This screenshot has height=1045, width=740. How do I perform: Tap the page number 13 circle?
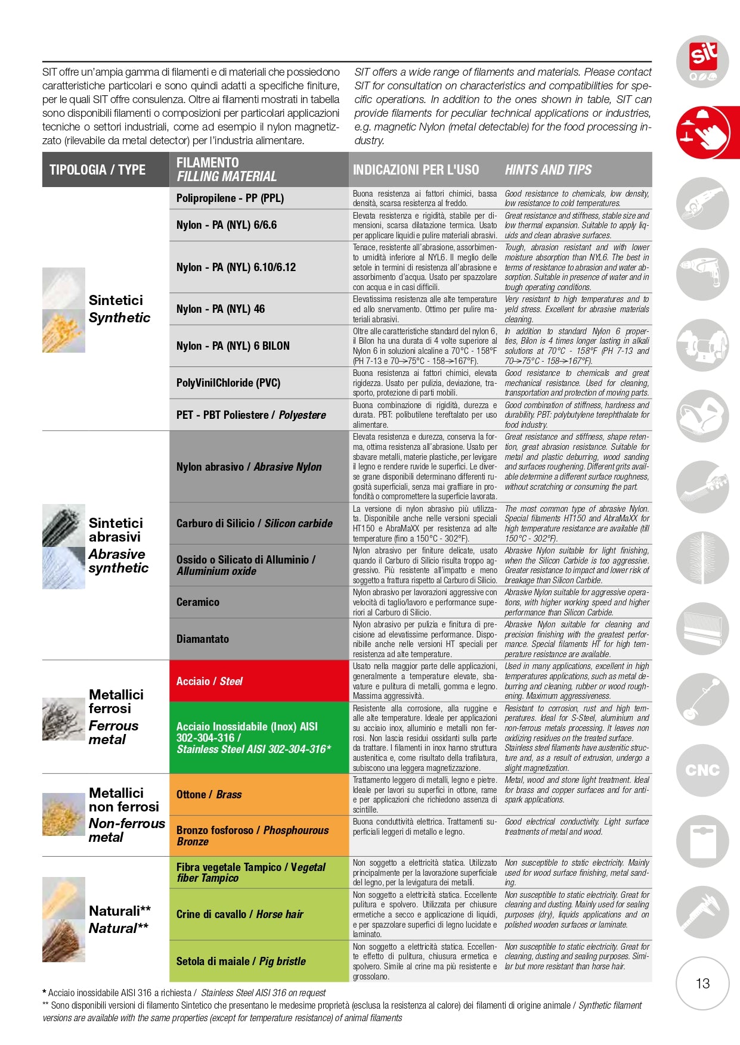point(702,983)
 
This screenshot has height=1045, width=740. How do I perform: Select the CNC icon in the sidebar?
point(702,770)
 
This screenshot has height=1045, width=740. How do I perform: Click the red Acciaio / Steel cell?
point(259,681)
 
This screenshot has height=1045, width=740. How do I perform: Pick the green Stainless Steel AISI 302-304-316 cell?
point(259,738)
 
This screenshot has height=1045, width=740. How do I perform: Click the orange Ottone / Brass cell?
point(259,794)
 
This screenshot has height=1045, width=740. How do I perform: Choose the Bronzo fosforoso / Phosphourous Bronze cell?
point(259,835)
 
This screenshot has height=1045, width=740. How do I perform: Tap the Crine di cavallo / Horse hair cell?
point(259,914)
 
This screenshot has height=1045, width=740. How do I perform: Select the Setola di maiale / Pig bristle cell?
point(259,961)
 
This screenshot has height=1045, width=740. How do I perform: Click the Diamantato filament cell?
point(259,639)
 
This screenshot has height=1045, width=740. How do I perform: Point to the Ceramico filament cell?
point(259,602)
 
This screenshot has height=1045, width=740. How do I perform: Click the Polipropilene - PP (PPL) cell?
point(259,198)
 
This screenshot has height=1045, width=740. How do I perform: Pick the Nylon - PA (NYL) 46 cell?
point(259,309)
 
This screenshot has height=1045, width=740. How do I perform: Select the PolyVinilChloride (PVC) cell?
point(259,382)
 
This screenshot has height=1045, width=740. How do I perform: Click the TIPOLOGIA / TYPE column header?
point(98,170)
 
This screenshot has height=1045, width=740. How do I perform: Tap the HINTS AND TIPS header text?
point(548,170)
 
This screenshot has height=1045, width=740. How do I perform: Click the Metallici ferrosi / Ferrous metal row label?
point(116,717)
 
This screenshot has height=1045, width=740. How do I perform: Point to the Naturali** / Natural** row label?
point(119,919)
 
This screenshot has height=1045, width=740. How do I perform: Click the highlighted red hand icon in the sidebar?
point(704,132)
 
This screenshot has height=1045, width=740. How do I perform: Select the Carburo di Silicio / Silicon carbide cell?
point(259,523)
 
